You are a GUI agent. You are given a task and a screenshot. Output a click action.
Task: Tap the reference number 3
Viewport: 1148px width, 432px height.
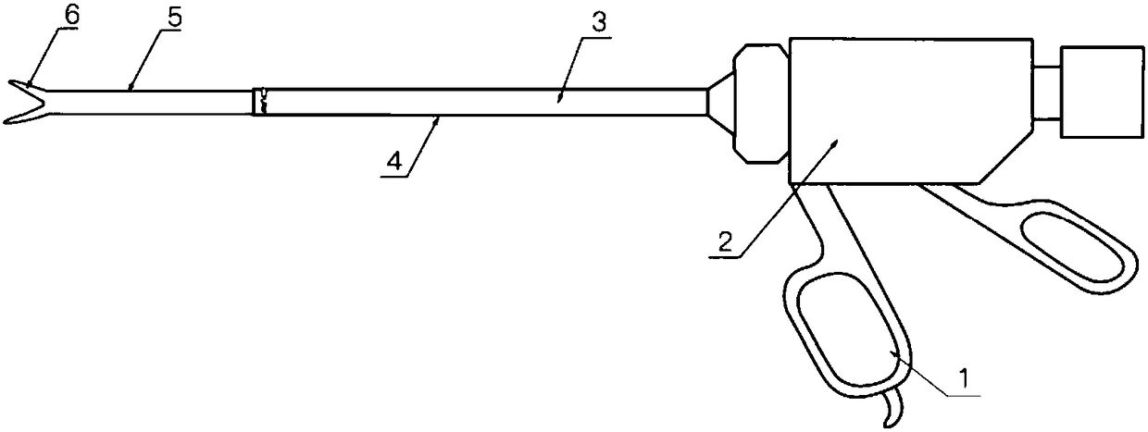coord(598,22)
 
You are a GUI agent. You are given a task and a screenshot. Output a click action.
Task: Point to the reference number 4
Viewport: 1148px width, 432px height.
coord(394,162)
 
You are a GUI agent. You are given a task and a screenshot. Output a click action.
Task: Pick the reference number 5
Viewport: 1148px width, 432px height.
coord(174,19)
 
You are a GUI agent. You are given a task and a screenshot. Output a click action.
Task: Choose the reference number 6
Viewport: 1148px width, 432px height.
coord(72,16)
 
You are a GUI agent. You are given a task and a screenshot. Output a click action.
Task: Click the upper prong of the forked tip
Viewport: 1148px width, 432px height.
coord(27,88)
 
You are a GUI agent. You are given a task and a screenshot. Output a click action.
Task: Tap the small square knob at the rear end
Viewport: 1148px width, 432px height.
coord(1102,93)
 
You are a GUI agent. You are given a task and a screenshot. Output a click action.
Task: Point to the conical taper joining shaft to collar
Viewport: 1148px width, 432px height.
coord(720,103)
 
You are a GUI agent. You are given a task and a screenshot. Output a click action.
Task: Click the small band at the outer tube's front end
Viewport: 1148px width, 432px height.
coord(260,102)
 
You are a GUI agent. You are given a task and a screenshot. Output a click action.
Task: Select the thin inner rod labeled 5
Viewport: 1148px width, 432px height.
coord(150,103)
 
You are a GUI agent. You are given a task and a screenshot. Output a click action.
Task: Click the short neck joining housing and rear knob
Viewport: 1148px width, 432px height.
coord(1047,93)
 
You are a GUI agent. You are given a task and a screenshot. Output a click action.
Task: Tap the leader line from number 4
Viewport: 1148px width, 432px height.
coord(423,146)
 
